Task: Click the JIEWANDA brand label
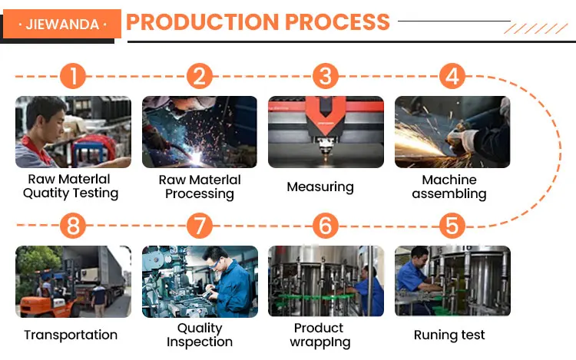[62, 24]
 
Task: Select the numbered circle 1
[74, 77]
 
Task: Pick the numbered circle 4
[452, 77]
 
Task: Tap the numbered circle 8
[74, 226]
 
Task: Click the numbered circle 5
[452, 226]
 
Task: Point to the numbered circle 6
[326, 226]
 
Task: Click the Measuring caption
[320, 187]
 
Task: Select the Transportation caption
[71, 335]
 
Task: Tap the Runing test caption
[449, 335]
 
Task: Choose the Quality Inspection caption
[200, 335]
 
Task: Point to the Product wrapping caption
[319, 335]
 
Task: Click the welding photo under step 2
[200, 131]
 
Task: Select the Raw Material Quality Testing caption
[71, 187]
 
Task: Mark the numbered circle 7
[200, 226]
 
